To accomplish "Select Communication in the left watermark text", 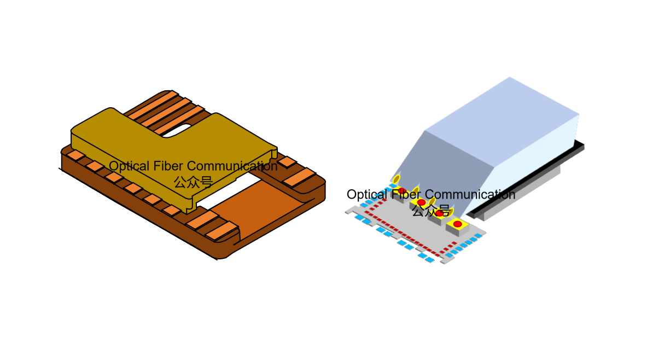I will (x=232, y=166).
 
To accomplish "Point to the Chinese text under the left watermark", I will (x=193, y=182).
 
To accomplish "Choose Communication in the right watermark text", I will (x=470, y=195).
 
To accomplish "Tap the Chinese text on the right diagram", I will (x=431, y=210).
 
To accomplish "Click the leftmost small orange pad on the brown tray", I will (x=75, y=155).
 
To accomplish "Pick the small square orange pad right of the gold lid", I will (x=287, y=161).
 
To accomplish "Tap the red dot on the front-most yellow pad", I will (x=458, y=224).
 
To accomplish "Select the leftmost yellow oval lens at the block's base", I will (x=396, y=179).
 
